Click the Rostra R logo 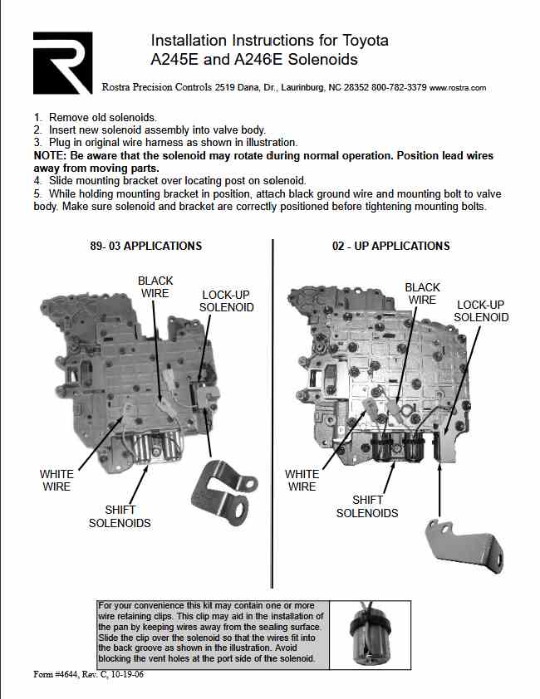[62, 63]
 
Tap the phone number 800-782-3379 [398, 87]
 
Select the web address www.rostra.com [458, 87]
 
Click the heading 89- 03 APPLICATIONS [145, 246]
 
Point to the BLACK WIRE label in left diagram [155, 287]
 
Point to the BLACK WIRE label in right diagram [422, 294]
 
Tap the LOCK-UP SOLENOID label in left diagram [227, 301]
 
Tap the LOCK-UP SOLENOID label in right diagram [482, 311]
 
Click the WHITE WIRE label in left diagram [56, 481]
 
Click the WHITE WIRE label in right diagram [302, 481]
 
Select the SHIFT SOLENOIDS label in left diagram [120, 516]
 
